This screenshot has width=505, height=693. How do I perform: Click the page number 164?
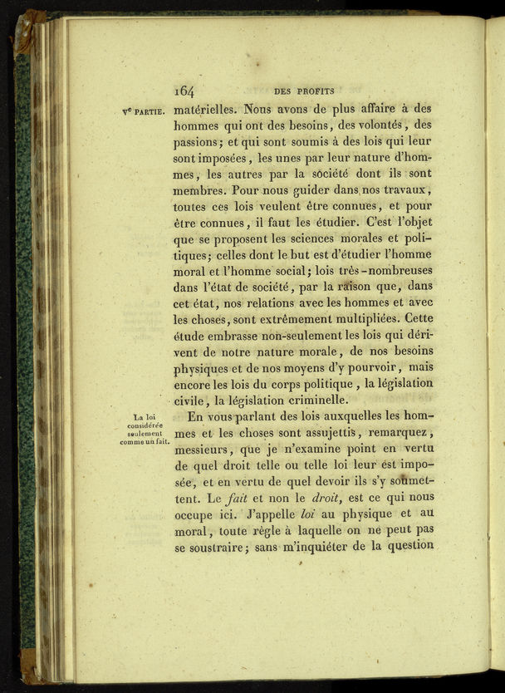[x=184, y=91]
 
